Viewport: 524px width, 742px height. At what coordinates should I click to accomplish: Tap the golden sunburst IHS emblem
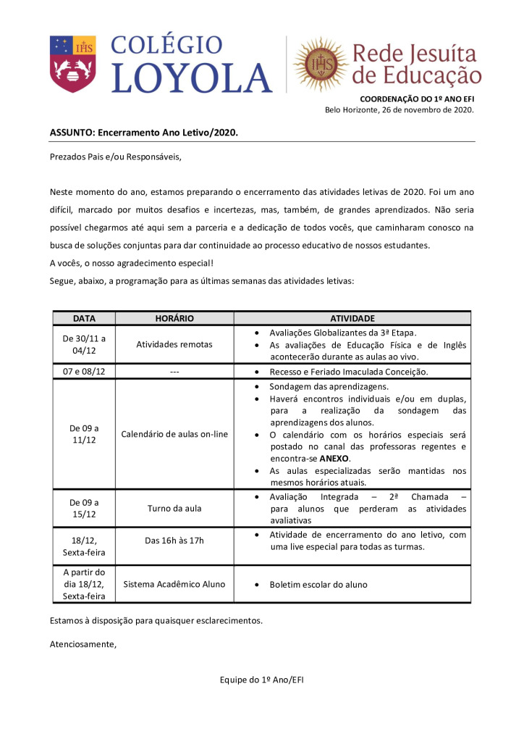(319, 64)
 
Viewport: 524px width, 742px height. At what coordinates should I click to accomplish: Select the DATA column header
(83, 318)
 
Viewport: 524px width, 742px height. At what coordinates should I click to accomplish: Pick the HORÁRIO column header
(174, 318)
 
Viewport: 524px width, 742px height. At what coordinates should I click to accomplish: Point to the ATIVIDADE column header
(352, 318)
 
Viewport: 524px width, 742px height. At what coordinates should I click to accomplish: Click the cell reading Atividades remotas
(174, 344)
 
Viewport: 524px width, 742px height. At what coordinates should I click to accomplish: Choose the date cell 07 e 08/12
(83, 372)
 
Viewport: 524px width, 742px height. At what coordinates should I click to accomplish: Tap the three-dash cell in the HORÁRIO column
(174, 372)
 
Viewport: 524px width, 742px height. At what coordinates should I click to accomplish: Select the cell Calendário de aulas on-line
(174, 434)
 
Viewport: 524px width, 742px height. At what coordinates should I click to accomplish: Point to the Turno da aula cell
(174, 509)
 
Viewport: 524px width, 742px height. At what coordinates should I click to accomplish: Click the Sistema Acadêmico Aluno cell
(174, 584)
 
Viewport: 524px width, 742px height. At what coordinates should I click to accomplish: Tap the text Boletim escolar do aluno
(318, 584)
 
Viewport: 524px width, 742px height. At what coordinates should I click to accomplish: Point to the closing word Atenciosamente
(83, 643)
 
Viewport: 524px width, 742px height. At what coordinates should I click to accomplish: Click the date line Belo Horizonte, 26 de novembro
(399, 110)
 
